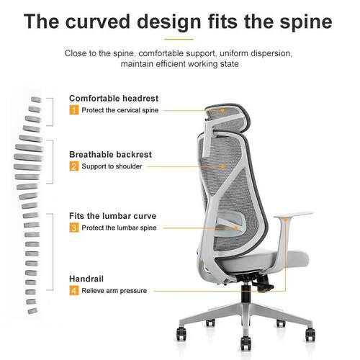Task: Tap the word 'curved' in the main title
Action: (98, 22)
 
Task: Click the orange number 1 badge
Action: (74, 110)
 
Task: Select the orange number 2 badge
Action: (74, 166)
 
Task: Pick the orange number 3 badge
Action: (74, 228)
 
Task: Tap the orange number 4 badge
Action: (74, 290)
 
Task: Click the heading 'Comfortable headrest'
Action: (114, 99)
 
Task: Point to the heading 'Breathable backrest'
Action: (110, 155)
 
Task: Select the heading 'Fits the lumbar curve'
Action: (112, 216)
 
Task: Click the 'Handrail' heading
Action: (86, 279)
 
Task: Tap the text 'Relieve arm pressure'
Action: (114, 291)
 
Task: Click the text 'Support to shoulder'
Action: (112, 166)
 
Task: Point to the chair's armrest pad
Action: (293, 215)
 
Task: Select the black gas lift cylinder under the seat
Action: (246, 293)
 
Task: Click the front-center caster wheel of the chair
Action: (246, 343)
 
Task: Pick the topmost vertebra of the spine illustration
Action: (36, 99)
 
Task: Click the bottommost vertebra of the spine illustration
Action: (32, 311)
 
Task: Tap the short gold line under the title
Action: (179, 39)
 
